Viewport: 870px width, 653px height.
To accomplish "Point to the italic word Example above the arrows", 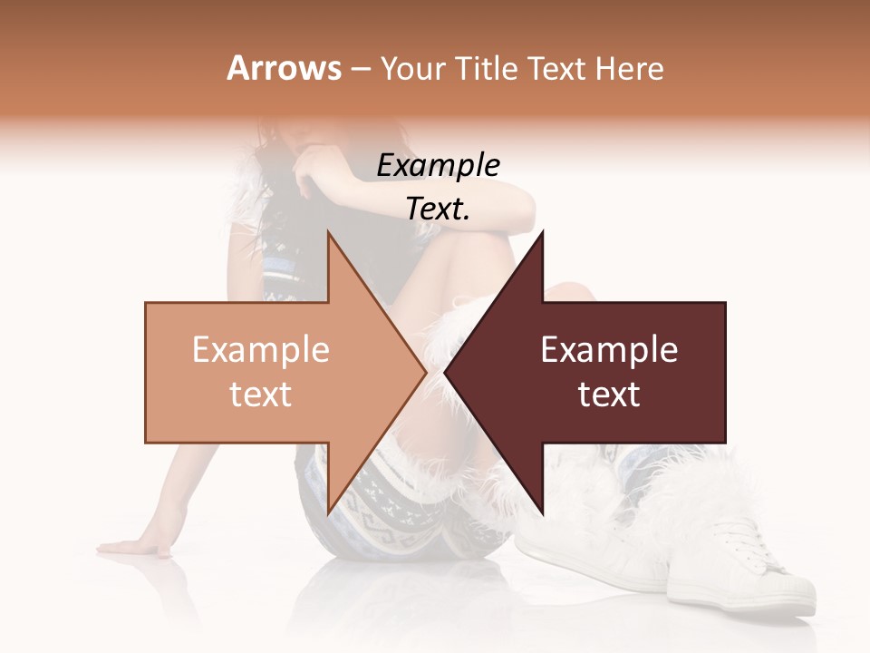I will (438, 165).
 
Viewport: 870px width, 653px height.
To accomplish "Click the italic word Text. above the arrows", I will (438, 209).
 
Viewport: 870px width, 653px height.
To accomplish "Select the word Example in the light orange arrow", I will (260, 350).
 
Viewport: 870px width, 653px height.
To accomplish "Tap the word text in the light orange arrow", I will (260, 395).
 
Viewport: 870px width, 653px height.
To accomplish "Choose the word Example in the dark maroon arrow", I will (609, 350).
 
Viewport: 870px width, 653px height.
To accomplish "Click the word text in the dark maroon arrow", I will (609, 395).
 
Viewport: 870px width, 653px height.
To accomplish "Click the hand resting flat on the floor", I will (136, 546).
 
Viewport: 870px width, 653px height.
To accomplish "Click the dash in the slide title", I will (360, 69).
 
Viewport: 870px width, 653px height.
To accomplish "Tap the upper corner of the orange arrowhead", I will (328, 233).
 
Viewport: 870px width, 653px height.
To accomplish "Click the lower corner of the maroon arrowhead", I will (542, 513).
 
